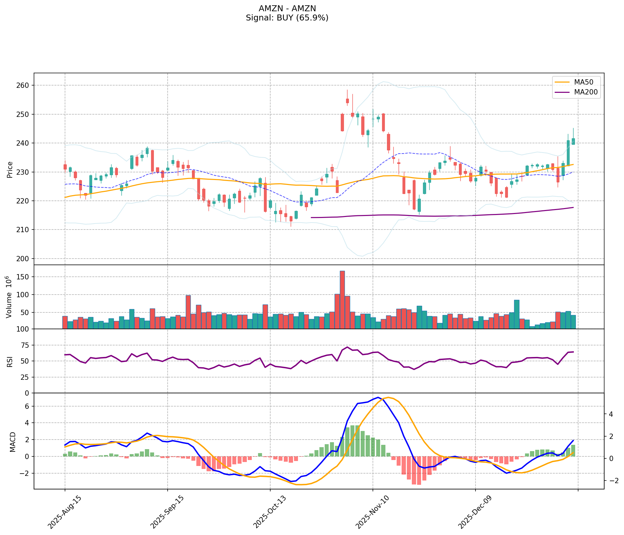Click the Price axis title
click(x=10, y=169)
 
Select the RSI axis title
click(x=10, y=361)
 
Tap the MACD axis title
click(x=13, y=442)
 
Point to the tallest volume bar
click(x=342, y=300)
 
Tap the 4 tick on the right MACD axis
click(x=611, y=414)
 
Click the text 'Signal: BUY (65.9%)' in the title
click(x=287, y=18)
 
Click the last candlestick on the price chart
click(x=573, y=141)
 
